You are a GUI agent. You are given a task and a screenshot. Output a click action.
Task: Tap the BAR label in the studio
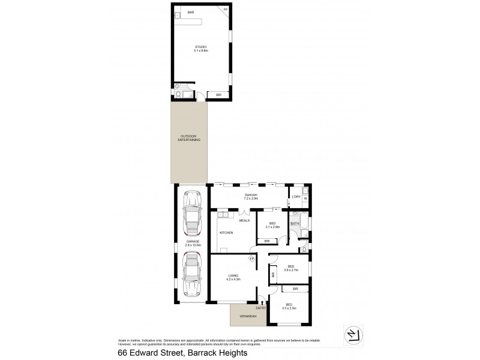click(190, 12)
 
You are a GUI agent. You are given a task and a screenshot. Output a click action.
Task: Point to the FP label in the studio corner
click(226, 10)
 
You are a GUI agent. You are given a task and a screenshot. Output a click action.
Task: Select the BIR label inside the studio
click(218, 95)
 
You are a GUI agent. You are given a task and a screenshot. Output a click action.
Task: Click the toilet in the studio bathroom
click(178, 93)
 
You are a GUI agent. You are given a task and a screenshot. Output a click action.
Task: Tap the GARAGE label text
click(192, 242)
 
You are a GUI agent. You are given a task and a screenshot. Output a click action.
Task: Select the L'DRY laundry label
click(295, 197)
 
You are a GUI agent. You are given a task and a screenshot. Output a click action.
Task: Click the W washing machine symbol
click(305, 199)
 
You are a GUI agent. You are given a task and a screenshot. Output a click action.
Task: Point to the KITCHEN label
click(226, 232)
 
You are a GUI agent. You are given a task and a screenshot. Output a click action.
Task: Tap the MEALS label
click(244, 220)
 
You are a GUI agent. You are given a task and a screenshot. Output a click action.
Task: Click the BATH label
click(295, 224)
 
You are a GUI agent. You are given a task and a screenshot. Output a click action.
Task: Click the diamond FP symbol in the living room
click(253, 259)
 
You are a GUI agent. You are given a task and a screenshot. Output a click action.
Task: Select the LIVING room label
click(233, 277)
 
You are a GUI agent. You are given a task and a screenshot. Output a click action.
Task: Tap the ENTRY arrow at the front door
click(262, 303)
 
